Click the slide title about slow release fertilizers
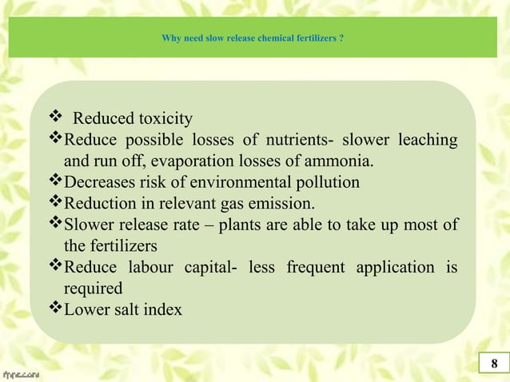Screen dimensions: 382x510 253,37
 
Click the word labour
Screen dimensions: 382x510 149,266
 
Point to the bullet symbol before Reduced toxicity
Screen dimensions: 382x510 56,118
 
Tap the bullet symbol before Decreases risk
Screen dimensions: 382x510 56,181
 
